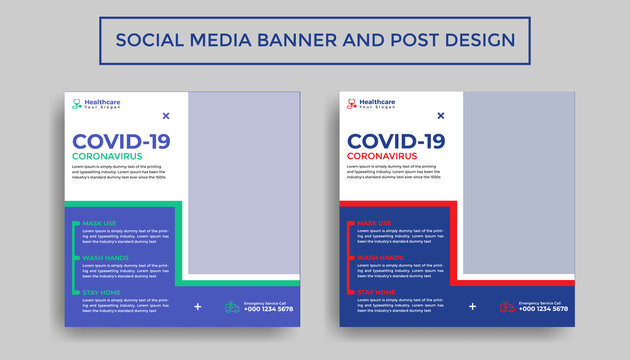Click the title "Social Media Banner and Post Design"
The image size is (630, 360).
pyautogui.click(x=315, y=40)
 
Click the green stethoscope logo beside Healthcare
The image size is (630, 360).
pyautogui.click(x=76, y=103)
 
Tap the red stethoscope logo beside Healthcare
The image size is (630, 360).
pyautogui.click(x=350, y=103)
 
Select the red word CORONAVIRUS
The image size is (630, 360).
pyautogui.click(x=382, y=157)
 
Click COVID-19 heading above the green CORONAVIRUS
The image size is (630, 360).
pyautogui.click(x=121, y=141)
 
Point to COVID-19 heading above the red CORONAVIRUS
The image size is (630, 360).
pyautogui.click(x=396, y=141)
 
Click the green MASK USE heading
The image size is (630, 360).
pyautogui.click(x=99, y=223)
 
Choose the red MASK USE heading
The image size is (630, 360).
pyautogui.click(x=374, y=223)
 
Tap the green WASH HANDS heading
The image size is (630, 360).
pyautogui.click(x=105, y=257)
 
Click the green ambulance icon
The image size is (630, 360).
pyautogui.click(x=233, y=307)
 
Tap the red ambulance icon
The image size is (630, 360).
pyautogui.click(x=508, y=307)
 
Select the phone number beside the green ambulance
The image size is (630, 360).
pyautogui.click(x=269, y=309)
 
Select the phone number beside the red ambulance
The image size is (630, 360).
pyautogui.click(x=544, y=309)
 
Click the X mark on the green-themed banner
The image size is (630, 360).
pyautogui.click(x=166, y=116)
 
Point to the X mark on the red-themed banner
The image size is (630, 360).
pyautogui.click(x=441, y=116)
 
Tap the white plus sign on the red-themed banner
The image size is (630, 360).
pyautogui.click(x=472, y=307)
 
